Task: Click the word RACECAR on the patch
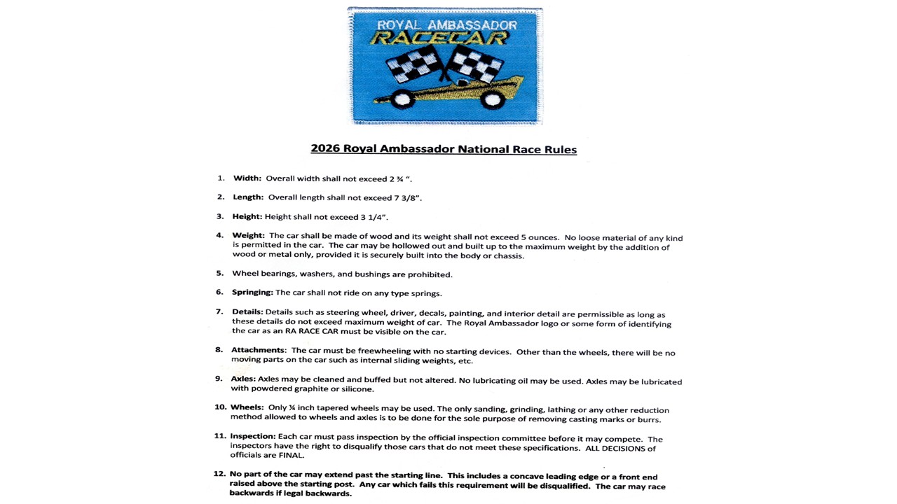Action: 439,38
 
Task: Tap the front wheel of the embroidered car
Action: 402,99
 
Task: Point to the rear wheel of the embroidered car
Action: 493,99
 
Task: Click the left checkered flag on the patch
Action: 413,64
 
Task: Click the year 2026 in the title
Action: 325,149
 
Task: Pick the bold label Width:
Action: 247,178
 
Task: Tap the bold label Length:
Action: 248,197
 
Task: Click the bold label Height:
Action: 247,217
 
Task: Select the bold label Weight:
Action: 249,236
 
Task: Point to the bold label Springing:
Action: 252,293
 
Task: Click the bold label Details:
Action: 247,312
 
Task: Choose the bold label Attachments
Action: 258,350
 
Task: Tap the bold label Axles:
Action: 243,379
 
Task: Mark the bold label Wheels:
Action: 247,407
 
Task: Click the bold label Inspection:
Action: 252,437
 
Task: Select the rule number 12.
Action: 219,474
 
